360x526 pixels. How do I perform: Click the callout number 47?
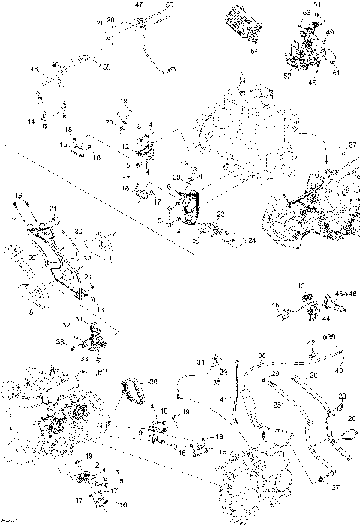138,5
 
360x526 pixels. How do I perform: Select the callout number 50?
167,5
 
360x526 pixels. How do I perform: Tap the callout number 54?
253,51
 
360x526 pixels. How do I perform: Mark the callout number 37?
353,145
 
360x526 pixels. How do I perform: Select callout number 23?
221,214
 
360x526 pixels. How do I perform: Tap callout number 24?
252,241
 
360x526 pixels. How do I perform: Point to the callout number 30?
78,232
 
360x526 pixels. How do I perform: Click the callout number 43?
301,286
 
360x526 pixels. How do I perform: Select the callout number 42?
311,343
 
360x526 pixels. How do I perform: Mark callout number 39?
331,337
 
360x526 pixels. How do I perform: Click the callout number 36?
154,381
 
